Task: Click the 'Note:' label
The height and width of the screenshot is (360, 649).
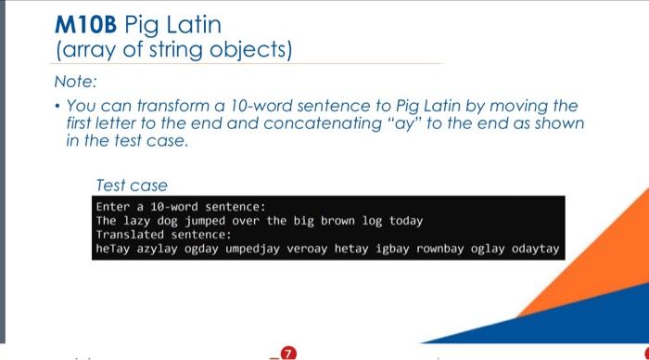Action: click(x=75, y=82)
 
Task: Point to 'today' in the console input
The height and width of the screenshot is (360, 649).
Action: click(x=404, y=221)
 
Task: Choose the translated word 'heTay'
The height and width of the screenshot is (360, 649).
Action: click(x=112, y=250)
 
